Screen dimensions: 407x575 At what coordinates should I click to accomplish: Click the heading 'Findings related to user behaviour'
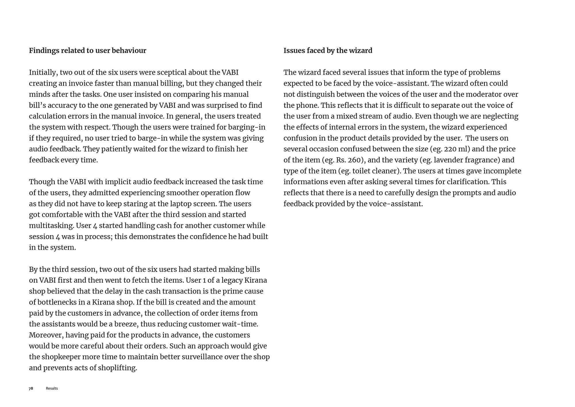87,51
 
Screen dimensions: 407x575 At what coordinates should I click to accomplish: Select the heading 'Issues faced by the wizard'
328,51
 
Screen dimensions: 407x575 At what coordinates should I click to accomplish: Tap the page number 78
31,388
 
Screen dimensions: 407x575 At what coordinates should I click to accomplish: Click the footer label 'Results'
52,388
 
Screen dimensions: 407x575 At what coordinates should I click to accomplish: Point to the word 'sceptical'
172,72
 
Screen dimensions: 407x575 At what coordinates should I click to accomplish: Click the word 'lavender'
448,160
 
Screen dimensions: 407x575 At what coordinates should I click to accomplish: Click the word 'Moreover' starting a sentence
46,335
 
